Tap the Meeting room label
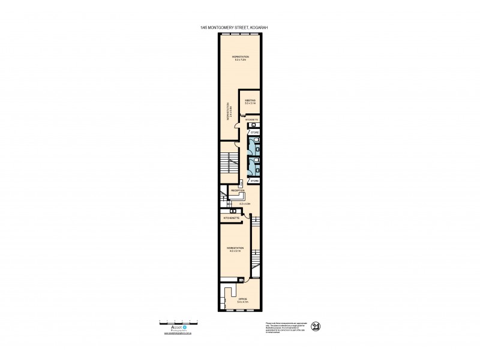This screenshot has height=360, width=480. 250,100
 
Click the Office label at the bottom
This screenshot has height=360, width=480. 242,298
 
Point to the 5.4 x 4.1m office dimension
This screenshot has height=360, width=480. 242,302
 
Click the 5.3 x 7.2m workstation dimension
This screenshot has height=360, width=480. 240,60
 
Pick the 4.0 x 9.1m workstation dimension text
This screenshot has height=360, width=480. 234,251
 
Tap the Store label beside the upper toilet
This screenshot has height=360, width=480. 254,131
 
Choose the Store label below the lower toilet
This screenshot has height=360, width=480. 254,180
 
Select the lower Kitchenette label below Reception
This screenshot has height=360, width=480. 232,218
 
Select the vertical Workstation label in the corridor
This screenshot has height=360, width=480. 228,113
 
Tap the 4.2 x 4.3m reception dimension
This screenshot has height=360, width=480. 245,205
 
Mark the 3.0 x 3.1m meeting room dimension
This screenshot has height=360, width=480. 250,104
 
